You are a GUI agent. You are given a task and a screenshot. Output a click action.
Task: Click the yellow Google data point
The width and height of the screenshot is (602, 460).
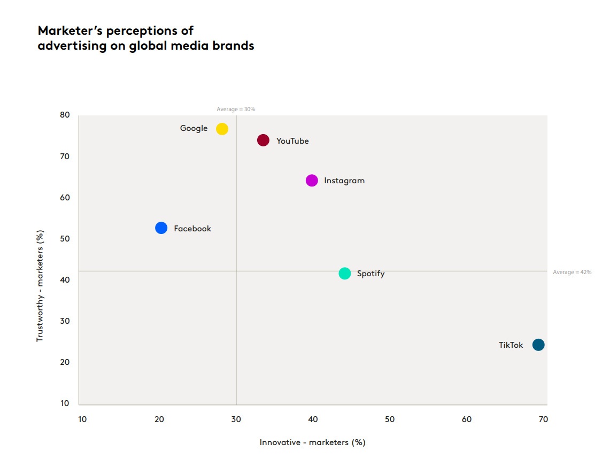point(222,129)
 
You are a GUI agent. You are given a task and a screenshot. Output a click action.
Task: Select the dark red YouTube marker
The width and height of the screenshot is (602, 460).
point(263,141)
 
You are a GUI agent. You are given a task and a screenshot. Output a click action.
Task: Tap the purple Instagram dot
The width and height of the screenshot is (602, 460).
point(312,181)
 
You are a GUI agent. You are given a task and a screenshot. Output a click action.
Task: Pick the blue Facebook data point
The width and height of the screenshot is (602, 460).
point(161,228)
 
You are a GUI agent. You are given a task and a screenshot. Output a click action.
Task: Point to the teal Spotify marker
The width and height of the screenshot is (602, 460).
point(345,274)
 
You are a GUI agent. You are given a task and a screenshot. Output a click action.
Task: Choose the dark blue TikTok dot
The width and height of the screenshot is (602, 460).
point(538,345)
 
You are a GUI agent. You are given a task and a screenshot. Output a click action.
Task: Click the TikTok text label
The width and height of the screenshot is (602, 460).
point(511,345)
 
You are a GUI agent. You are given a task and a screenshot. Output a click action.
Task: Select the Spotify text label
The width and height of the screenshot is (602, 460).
point(371,274)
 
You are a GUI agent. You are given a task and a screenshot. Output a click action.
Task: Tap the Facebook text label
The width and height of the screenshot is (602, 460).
point(192,229)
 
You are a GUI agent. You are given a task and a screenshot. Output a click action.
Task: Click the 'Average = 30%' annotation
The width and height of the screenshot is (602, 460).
point(236,109)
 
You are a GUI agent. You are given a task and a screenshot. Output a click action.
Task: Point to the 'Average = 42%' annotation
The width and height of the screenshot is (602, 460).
point(572,272)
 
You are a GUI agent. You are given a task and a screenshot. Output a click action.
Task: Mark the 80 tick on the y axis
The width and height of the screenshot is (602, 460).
point(65,115)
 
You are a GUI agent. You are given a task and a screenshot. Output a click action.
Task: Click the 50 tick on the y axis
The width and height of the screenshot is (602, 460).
point(65,239)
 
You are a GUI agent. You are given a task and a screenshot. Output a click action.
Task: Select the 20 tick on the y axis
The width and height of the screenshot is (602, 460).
point(65,362)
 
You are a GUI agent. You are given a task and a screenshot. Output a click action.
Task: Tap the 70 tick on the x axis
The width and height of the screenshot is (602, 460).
point(543,419)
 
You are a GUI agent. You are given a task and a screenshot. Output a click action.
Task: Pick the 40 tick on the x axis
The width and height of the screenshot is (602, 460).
point(313,419)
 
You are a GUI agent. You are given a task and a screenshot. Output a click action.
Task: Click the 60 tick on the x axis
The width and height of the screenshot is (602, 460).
point(467,419)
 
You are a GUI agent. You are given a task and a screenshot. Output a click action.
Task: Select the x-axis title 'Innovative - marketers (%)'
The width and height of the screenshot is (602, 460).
point(312,442)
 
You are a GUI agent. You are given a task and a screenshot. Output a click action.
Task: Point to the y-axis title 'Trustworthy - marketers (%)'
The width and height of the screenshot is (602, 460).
point(40,286)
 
